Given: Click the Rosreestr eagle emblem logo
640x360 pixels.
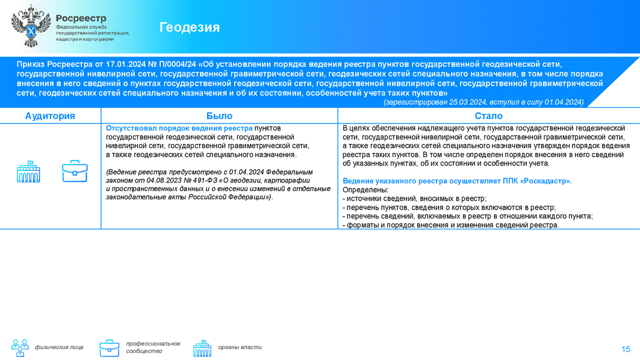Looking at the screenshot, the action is click(31, 26).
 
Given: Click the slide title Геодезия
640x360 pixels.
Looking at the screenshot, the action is click(190, 27).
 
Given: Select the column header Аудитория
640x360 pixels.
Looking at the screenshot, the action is click(50, 116).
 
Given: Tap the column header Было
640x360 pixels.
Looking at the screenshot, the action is click(219, 116).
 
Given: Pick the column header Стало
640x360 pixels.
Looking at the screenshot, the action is click(488, 116).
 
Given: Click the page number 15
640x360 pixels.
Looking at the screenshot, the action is click(626, 349).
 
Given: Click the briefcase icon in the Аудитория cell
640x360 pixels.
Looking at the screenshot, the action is click(75, 171).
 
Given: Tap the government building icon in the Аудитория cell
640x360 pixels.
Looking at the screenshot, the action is click(28, 172).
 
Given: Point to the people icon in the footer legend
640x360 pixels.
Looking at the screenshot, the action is click(20, 348).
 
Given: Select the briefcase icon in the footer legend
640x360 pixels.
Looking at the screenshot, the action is click(110, 348).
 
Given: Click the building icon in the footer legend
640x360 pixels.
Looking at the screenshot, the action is click(202, 348).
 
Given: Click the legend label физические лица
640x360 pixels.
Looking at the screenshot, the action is click(59, 347).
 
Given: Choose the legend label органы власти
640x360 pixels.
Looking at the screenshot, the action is click(240, 347).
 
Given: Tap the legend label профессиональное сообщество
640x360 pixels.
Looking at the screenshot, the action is click(153, 347).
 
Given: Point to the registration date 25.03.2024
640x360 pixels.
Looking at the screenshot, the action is click(468, 102).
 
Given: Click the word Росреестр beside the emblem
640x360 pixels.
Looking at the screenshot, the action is click(81, 18).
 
